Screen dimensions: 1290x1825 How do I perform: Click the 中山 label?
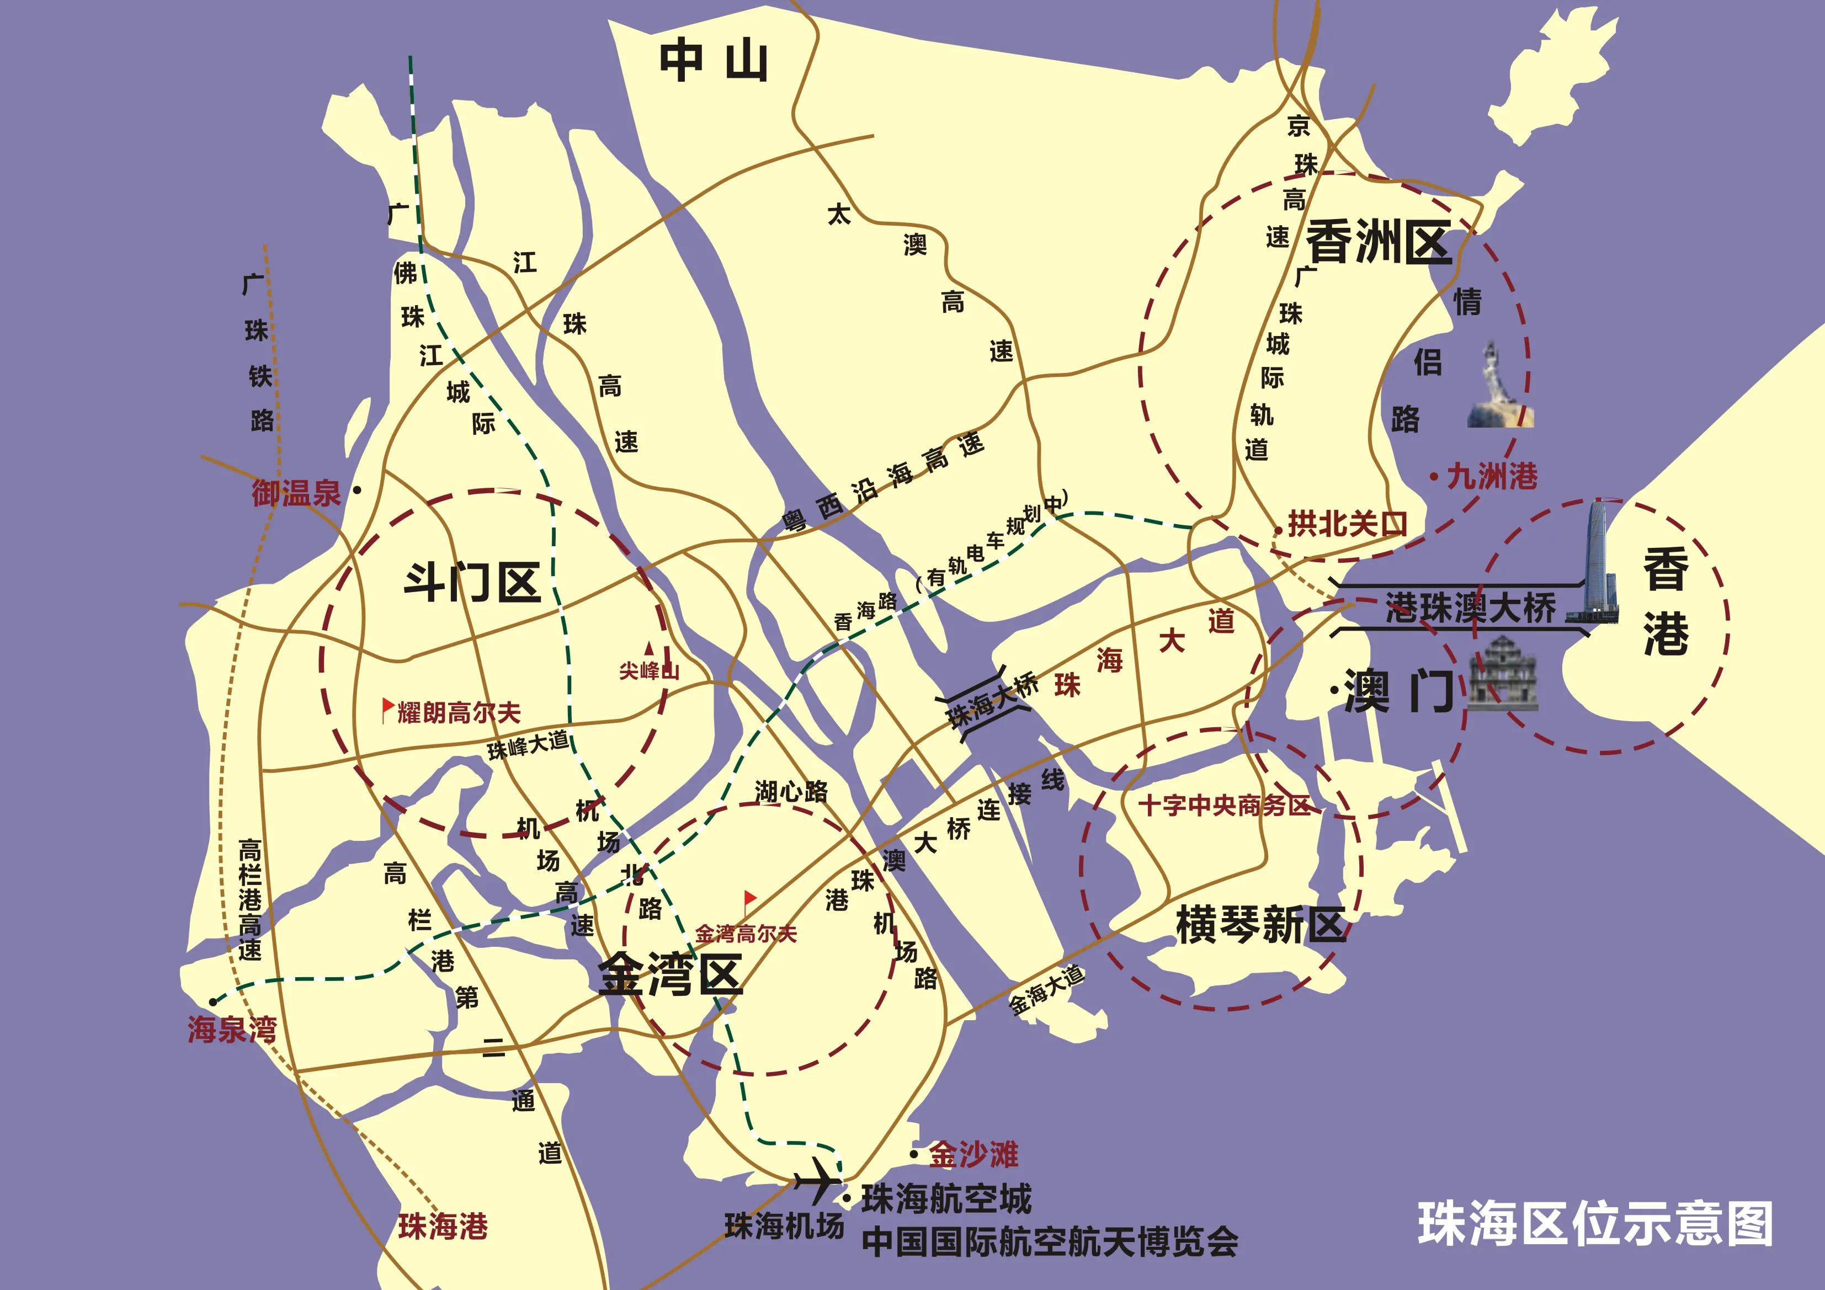click(x=713, y=62)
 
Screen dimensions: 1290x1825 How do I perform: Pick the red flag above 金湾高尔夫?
click(x=749, y=900)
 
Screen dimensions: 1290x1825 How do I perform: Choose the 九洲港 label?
click(x=1492, y=477)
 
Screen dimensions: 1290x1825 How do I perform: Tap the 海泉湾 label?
click(x=232, y=1030)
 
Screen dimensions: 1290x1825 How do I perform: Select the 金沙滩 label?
click(x=973, y=1154)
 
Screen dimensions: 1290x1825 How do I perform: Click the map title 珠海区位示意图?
click(x=1595, y=1224)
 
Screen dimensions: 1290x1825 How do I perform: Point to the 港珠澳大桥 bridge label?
click(x=1471, y=609)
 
